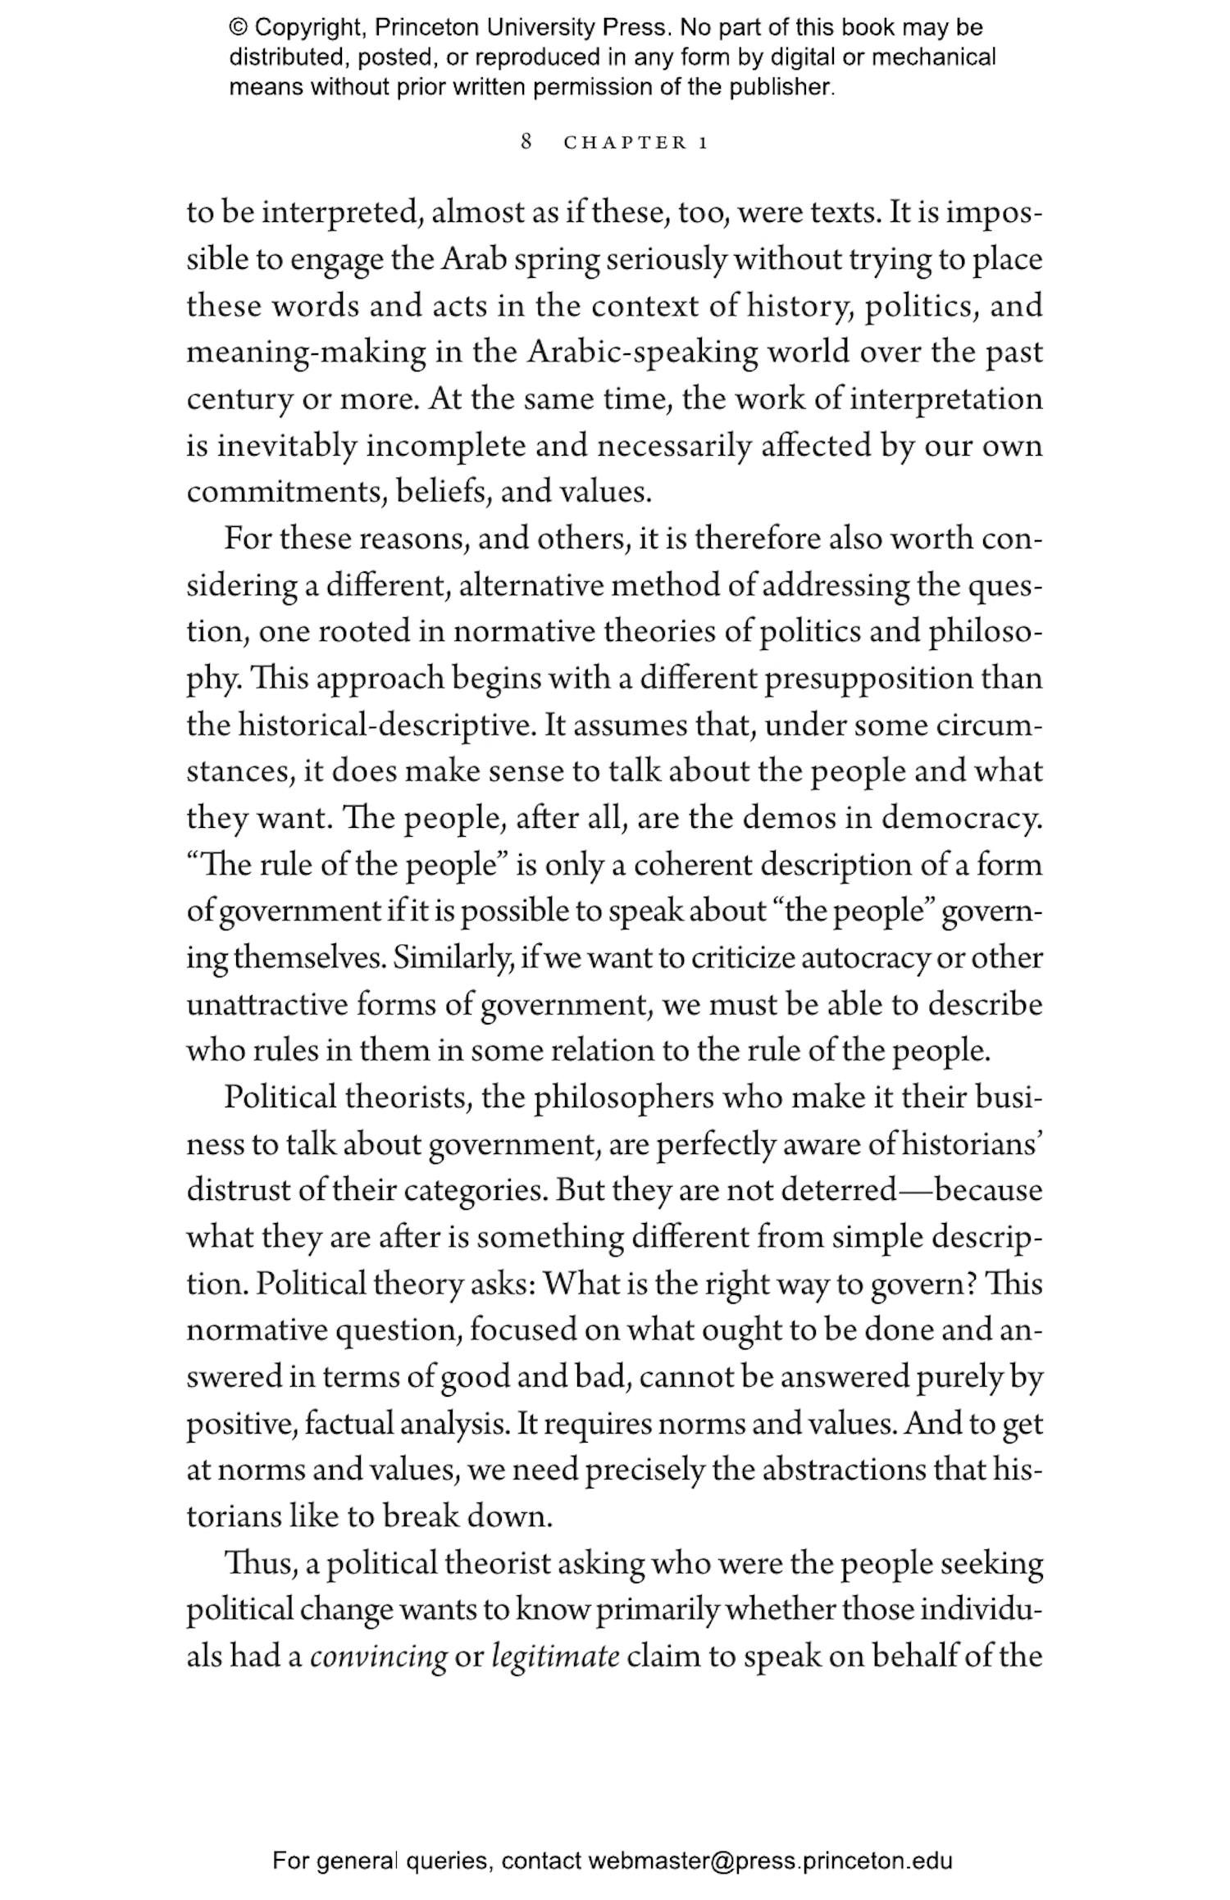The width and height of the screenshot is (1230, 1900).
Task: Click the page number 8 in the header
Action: click(526, 142)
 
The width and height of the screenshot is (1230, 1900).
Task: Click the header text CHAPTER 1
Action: click(635, 143)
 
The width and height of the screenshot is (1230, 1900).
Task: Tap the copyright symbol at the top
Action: click(238, 28)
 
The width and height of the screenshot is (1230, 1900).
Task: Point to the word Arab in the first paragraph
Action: click(471, 259)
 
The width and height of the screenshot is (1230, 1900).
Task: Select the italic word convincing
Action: click(378, 1657)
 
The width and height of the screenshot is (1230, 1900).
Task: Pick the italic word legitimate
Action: click(555, 1657)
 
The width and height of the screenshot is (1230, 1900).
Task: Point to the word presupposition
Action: click(868, 680)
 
